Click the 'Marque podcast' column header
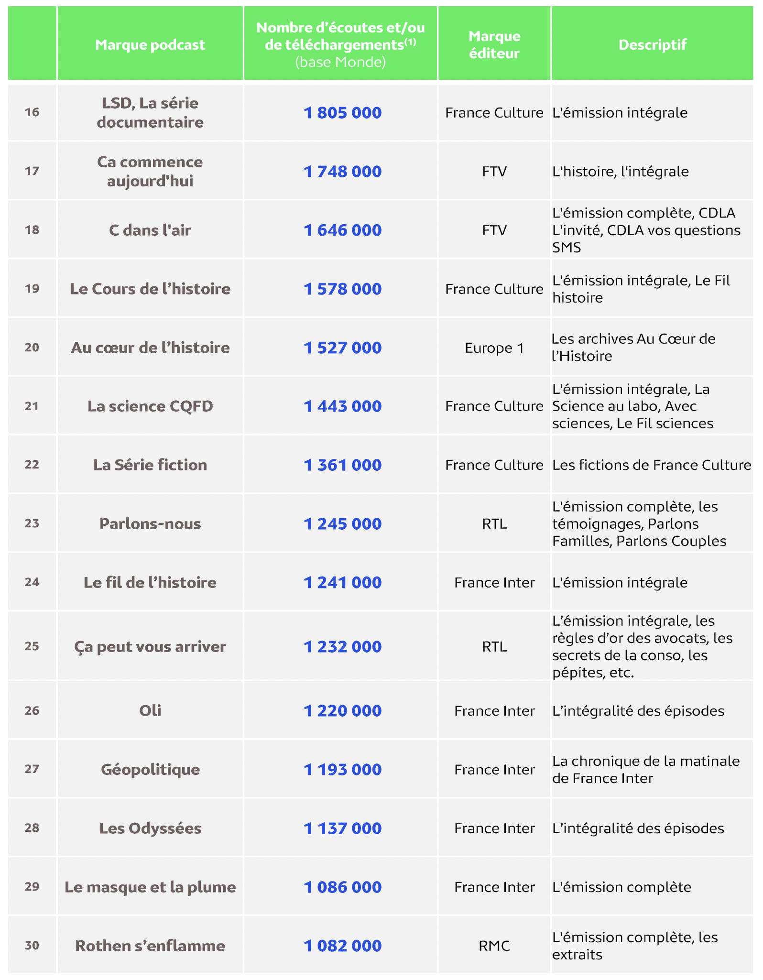[x=150, y=44]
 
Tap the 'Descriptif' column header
[x=652, y=44]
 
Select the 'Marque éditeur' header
[x=494, y=44]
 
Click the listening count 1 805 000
[x=342, y=113]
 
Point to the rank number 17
[x=32, y=171]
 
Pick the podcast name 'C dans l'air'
[x=150, y=230]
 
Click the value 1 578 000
[x=342, y=289]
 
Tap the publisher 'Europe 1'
[x=494, y=348]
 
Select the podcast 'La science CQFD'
[x=150, y=406]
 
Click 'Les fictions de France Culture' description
[x=652, y=465]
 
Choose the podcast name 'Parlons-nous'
[x=150, y=523]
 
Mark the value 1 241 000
[x=342, y=582]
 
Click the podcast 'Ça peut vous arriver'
[x=150, y=646]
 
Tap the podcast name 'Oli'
[x=150, y=710]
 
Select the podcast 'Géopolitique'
[x=150, y=769]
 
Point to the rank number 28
[x=32, y=828]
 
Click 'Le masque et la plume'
[x=150, y=887]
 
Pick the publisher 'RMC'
[x=494, y=946]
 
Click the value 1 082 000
[x=342, y=946]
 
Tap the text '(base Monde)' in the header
[x=340, y=62]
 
